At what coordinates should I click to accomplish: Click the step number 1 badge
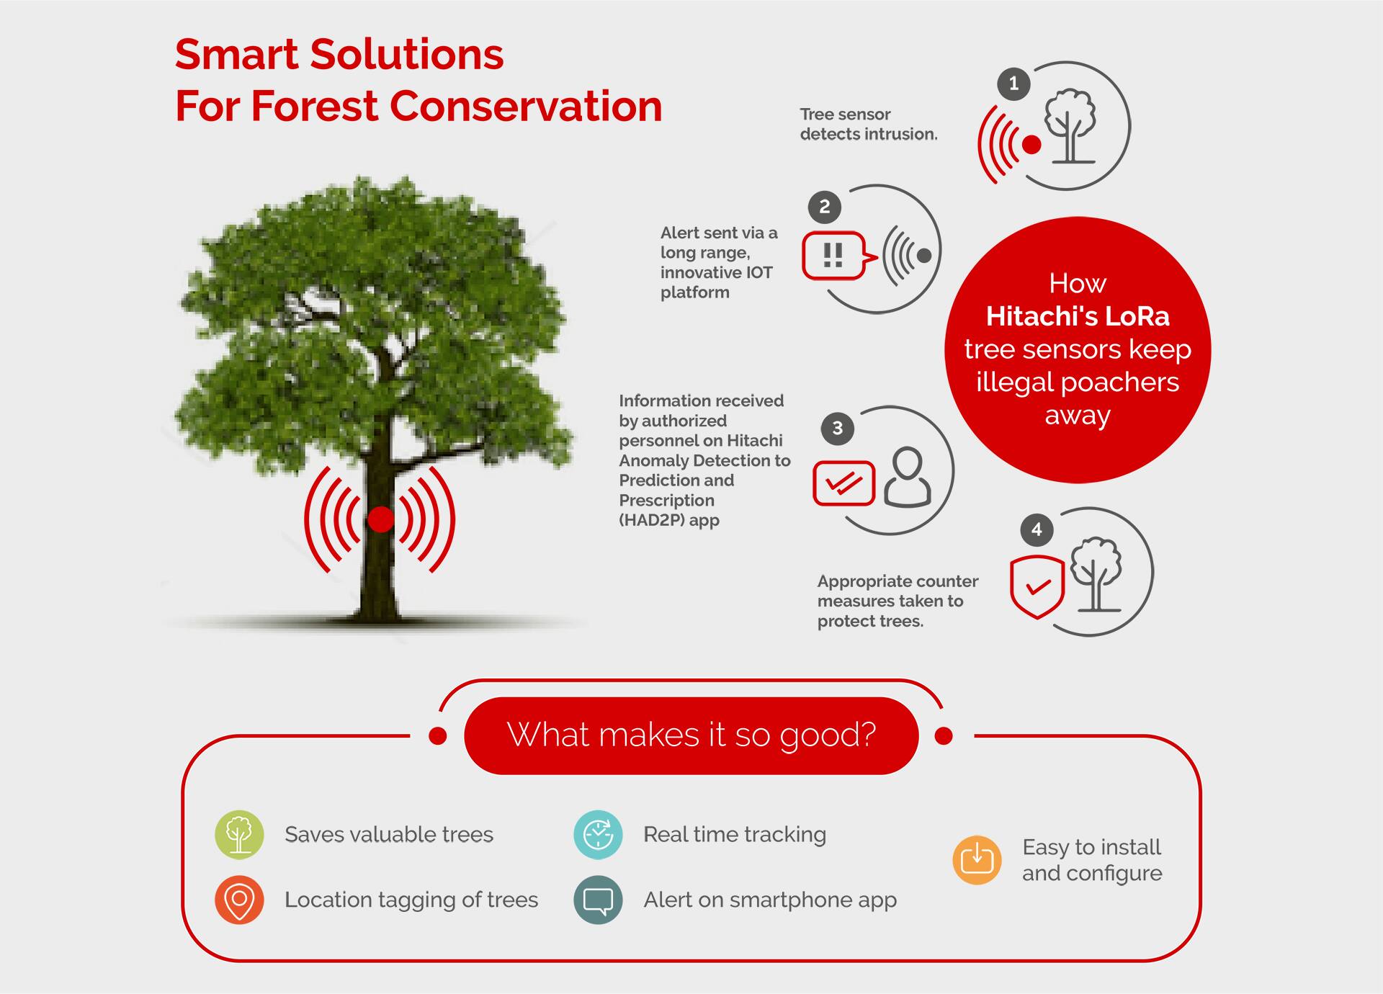(x=1013, y=84)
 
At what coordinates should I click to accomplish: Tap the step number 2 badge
(x=825, y=207)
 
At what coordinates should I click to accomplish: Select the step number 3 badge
(x=837, y=429)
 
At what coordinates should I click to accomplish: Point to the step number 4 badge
(x=1037, y=530)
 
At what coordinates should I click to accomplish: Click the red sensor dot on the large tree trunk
(x=380, y=519)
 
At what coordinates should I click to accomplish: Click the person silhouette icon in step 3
(x=908, y=477)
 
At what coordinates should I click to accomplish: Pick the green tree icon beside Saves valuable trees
(x=239, y=835)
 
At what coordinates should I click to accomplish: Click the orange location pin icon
(x=239, y=900)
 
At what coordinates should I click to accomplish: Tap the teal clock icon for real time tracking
(x=598, y=835)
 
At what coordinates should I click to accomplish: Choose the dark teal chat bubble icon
(x=598, y=900)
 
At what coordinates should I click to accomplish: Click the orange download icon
(x=977, y=860)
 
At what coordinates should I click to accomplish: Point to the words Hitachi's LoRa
(x=1078, y=316)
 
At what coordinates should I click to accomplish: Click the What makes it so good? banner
(x=691, y=735)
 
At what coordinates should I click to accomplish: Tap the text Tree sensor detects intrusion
(x=869, y=124)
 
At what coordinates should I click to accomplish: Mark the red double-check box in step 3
(x=843, y=483)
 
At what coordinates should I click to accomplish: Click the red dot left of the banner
(x=437, y=735)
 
